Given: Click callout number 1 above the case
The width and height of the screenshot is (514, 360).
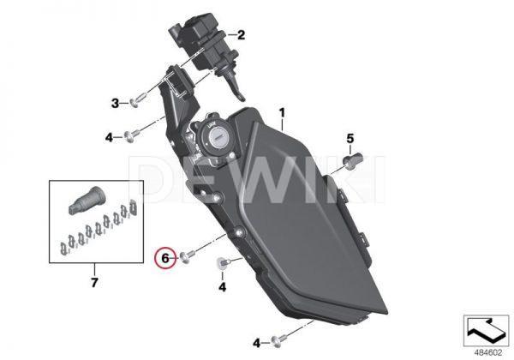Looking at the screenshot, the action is pyautogui.click(x=282, y=113).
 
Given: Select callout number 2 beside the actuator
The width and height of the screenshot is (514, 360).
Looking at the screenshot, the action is pyautogui.click(x=242, y=35).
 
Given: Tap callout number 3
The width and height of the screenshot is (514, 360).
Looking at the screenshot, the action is pyautogui.click(x=115, y=104).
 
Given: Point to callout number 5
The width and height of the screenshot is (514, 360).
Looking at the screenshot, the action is pyautogui.click(x=350, y=139).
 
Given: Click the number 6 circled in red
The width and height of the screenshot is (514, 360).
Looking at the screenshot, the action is pyautogui.click(x=165, y=258).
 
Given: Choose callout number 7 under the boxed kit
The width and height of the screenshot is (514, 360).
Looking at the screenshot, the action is pyautogui.click(x=94, y=282).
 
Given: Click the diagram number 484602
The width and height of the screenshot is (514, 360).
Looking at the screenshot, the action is pyautogui.click(x=488, y=353).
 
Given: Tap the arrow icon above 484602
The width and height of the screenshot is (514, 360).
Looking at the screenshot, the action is pyautogui.click(x=486, y=330).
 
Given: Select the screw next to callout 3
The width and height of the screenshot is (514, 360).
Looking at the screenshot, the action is pyautogui.click(x=137, y=100).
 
